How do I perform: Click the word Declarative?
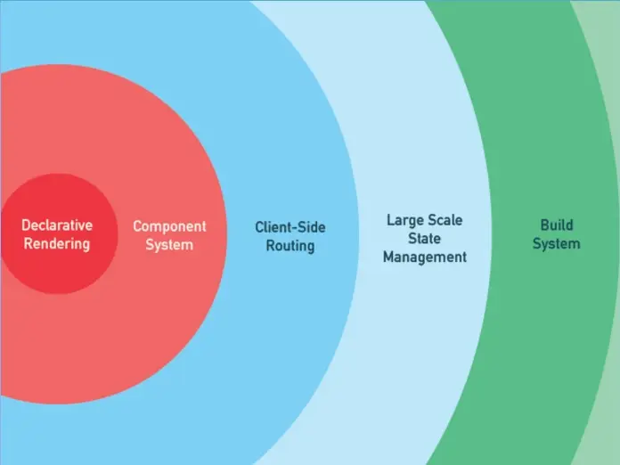click(x=57, y=225)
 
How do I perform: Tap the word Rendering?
click(x=57, y=243)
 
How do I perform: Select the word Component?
click(x=169, y=226)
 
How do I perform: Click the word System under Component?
click(x=169, y=244)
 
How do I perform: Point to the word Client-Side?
click(x=290, y=227)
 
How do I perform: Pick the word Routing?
click(x=290, y=245)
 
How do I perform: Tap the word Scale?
click(x=445, y=219)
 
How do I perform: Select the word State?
click(x=425, y=238)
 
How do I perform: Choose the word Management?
click(x=425, y=257)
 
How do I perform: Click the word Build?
click(x=557, y=225)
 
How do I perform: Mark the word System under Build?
click(x=557, y=243)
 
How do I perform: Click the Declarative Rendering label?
click(x=57, y=234)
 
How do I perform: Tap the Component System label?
click(x=169, y=235)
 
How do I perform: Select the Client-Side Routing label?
click(x=290, y=236)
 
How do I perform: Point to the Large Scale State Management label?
click(x=425, y=238)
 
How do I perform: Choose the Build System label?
click(x=557, y=234)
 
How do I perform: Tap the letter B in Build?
click(x=544, y=225)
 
